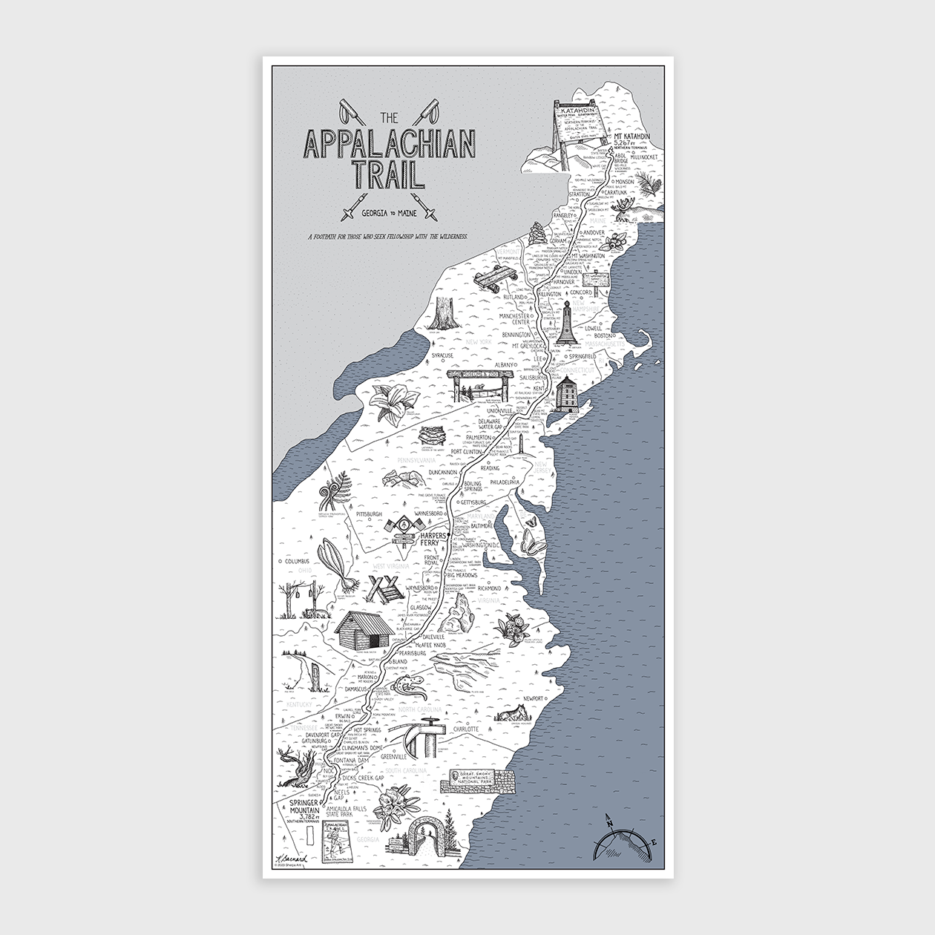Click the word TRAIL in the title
coord(387,174)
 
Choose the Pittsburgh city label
coord(369,514)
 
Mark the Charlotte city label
coord(466,729)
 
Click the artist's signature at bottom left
coord(292,859)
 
